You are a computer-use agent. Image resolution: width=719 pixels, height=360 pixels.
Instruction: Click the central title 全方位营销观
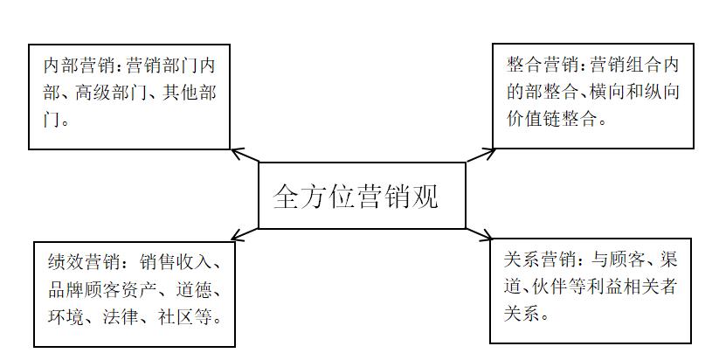(x=356, y=196)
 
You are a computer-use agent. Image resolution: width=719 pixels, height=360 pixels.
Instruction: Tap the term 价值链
(x=538, y=119)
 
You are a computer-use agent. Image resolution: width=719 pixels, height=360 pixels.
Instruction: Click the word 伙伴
(x=561, y=286)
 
